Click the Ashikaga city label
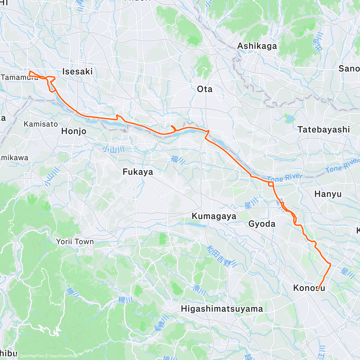(x=257, y=46)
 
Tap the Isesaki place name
(x=77, y=71)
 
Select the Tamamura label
(x=20, y=77)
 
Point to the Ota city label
(x=205, y=89)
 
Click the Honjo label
(x=73, y=131)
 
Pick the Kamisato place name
(x=41, y=124)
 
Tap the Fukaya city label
(x=138, y=172)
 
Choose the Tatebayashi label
(x=324, y=130)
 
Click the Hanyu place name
(x=328, y=194)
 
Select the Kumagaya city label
(x=214, y=216)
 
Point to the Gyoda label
(x=262, y=224)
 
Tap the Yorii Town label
(x=75, y=242)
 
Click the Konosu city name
(x=309, y=288)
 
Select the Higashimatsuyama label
(x=222, y=309)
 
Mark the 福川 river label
(x=178, y=160)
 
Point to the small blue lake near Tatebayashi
(x=290, y=119)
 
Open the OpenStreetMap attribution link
(x=63, y=356)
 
